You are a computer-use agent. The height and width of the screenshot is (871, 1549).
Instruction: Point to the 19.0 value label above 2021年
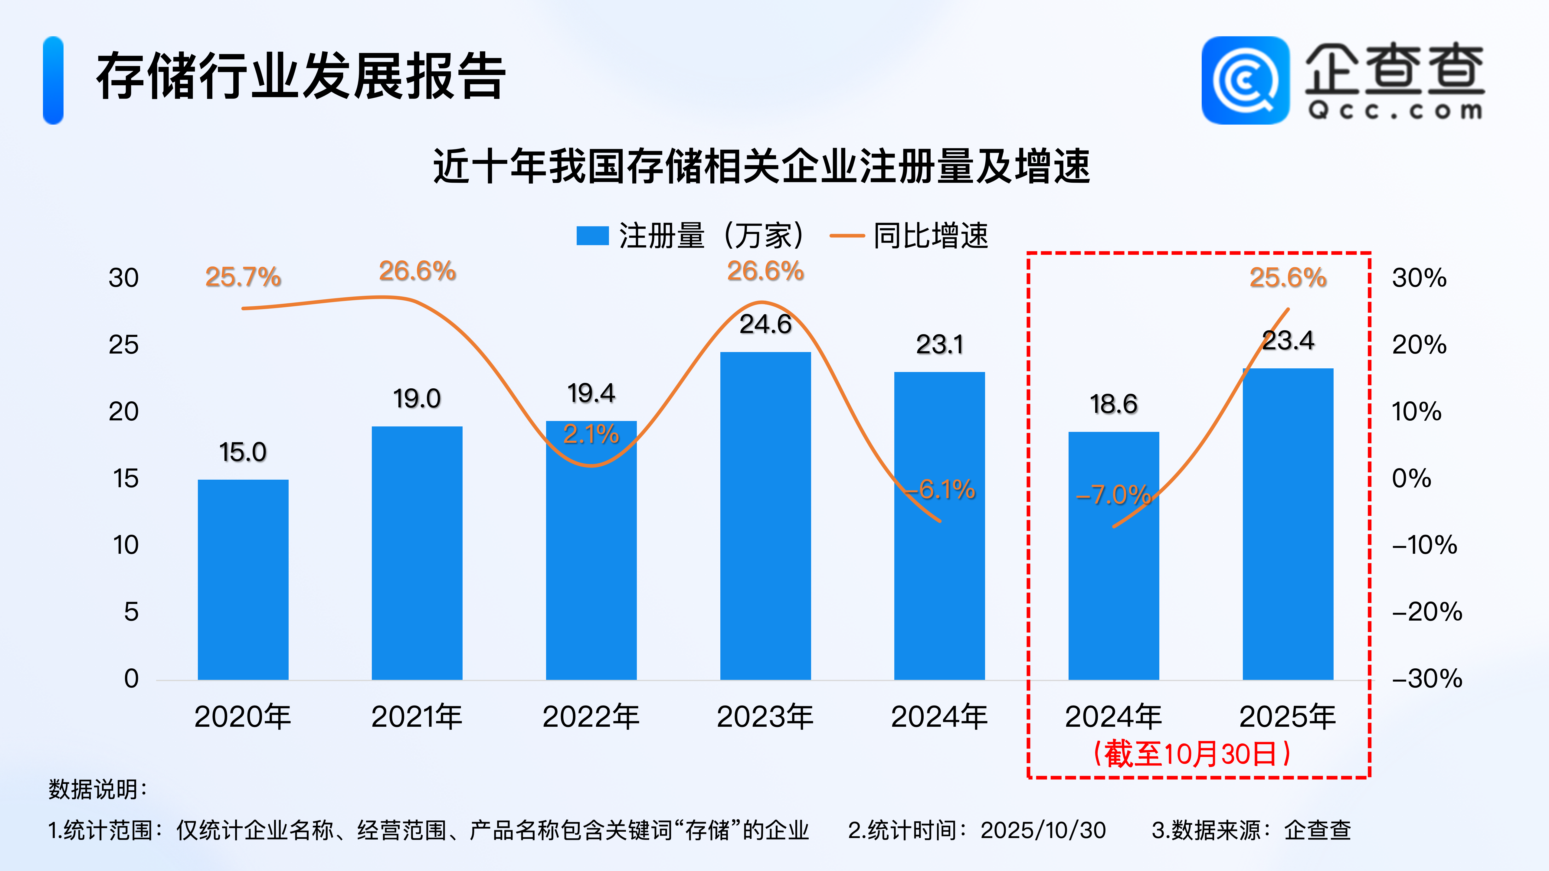417,399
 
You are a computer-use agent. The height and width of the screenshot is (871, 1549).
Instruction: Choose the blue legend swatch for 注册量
592,236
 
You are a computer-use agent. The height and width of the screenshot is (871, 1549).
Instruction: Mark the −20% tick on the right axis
1426,612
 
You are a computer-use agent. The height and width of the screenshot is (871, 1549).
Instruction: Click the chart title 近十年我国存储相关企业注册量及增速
761,167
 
